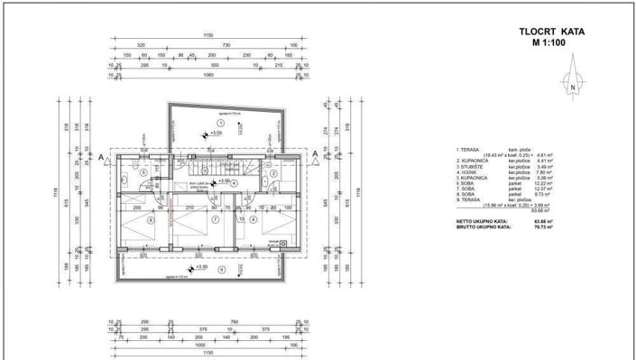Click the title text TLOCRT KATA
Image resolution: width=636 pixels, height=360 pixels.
tap(551, 31)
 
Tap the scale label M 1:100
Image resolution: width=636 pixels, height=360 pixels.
tap(551, 42)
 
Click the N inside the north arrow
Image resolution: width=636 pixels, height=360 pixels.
tap(572, 88)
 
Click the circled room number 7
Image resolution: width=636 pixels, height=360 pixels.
tap(216, 219)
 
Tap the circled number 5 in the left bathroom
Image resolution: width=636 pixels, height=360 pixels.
tap(143, 170)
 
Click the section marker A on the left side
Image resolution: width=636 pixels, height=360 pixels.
tap(104, 157)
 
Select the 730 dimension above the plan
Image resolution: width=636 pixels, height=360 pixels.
tap(227, 44)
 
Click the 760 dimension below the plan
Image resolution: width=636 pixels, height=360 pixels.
tap(232, 321)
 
